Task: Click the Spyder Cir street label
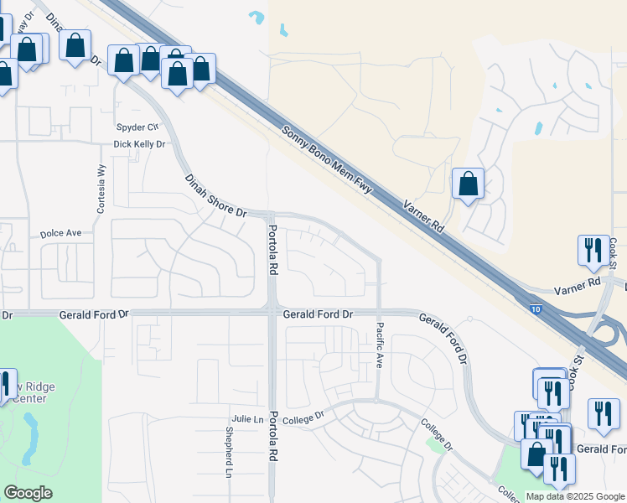[137, 127]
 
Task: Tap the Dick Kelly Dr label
[140, 144]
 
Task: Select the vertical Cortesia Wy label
[101, 188]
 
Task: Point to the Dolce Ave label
[61, 233]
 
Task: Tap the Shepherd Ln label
[228, 454]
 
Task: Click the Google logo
[28, 493]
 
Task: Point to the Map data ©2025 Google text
[576, 496]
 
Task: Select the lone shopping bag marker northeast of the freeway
[468, 184]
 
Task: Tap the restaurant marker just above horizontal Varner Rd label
[593, 250]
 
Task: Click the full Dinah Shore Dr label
[215, 196]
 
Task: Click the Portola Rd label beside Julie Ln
[273, 441]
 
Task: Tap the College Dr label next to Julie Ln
[303, 417]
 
